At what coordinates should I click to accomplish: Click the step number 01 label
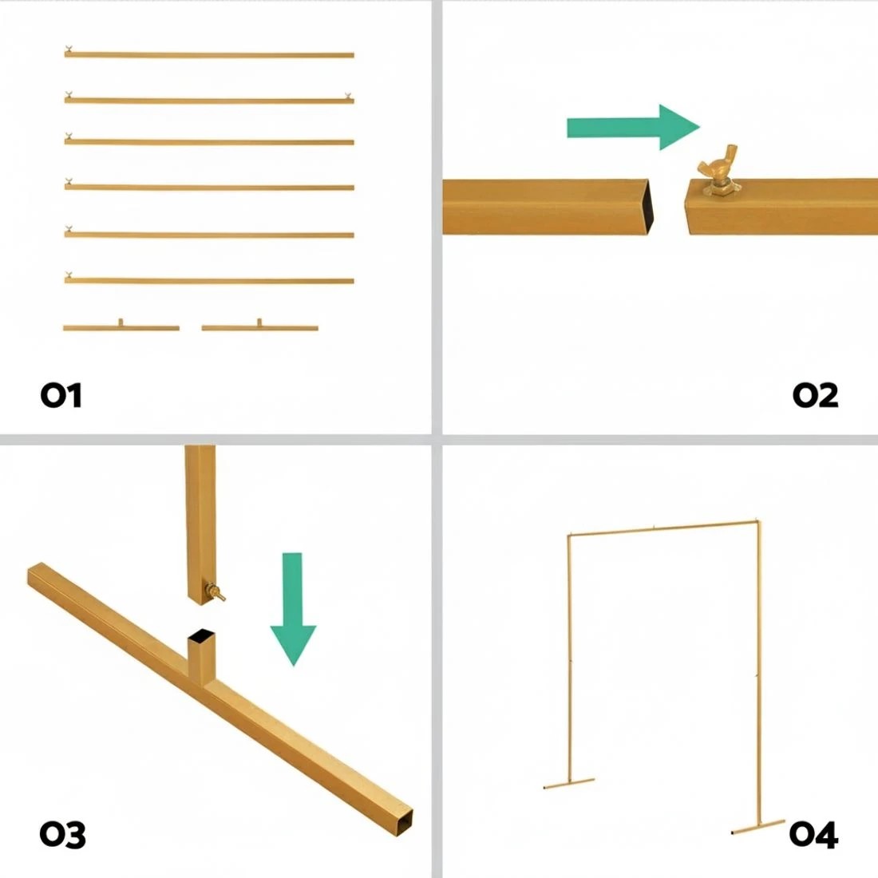(61, 395)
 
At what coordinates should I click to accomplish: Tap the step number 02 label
(815, 395)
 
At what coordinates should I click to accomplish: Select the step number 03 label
(63, 834)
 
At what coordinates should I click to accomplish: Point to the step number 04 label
(813, 834)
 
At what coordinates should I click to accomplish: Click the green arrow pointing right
(633, 127)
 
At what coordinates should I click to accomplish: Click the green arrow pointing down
(293, 609)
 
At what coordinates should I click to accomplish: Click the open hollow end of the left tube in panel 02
(648, 207)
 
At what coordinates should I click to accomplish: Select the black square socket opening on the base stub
(202, 635)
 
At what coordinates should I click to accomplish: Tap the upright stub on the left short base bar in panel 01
(121, 322)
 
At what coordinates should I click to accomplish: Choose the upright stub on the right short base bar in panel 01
(259, 322)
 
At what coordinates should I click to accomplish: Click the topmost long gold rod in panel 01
(209, 54)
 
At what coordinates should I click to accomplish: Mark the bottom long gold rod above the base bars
(209, 280)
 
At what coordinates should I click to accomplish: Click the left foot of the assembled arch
(569, 783)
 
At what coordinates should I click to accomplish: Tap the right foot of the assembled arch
(758, 827)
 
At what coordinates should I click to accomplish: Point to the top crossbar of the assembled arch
(663, 528)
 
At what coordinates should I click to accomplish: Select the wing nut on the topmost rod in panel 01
(69, 49)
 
